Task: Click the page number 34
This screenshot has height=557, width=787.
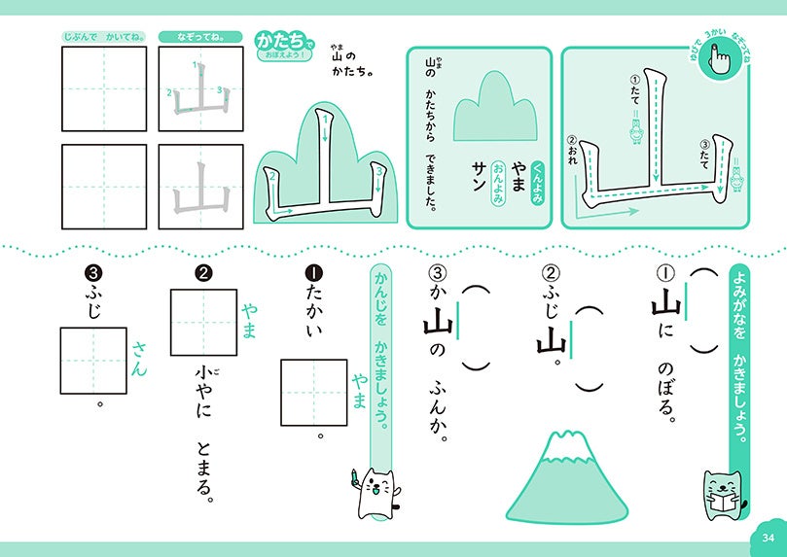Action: pos(768,538)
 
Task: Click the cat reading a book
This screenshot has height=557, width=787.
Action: pos(722,495)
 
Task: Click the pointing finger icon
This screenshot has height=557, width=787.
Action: pos(719,57)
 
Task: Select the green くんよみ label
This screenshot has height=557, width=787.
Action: pos(538,183)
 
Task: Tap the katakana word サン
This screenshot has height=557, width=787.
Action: pos(479,176)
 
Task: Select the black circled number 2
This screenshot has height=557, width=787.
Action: pos(203,273)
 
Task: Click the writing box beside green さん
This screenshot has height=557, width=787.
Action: pos(93,361)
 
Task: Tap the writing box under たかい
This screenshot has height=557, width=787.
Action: pos(314,393)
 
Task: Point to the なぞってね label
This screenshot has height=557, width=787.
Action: pos(200,37)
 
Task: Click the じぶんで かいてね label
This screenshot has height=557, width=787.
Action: pos(104,37)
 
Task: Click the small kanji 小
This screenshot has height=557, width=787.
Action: pos(202,373)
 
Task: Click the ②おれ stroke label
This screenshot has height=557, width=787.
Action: pos(573,150)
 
